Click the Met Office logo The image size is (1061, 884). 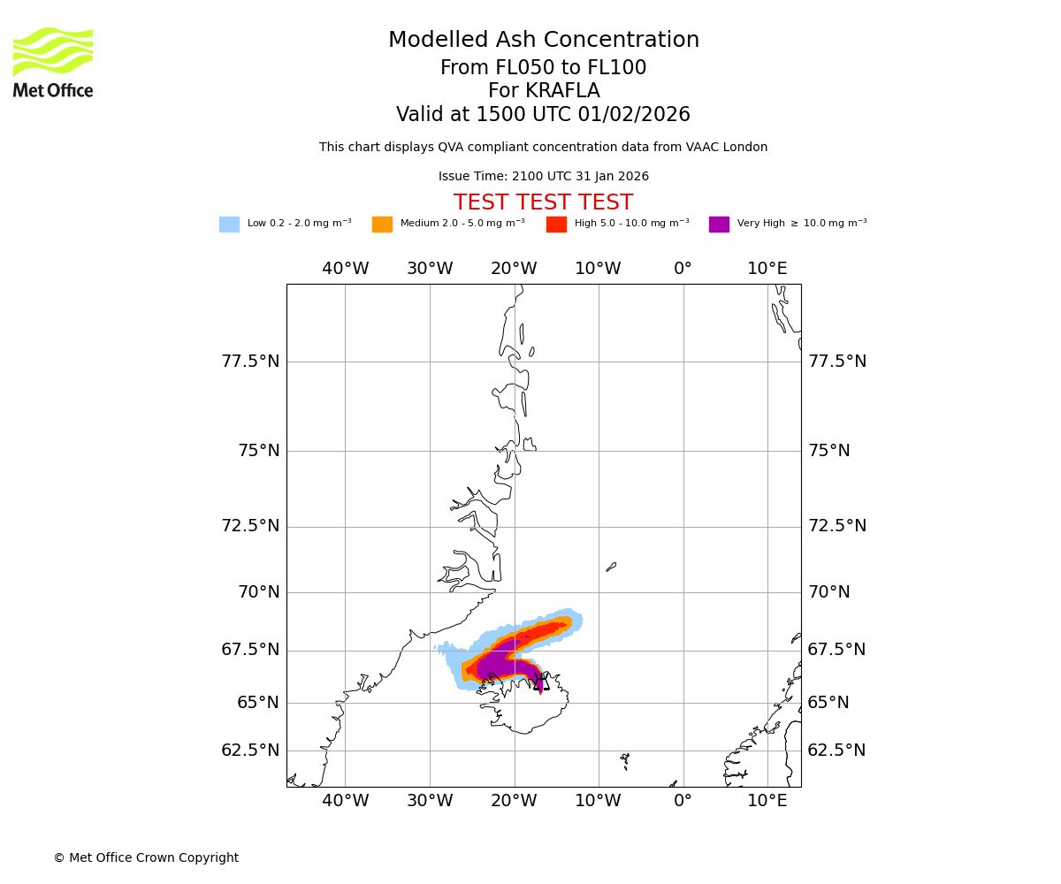click(x=53, y=62)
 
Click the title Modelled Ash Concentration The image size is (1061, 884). click(x=544, y=41)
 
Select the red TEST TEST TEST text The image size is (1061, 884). click(x=544, y=203)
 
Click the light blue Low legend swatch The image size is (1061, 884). click(x=229, y=225)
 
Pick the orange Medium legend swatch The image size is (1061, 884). click(x=382, y=225)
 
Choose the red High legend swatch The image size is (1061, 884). click(x=556, y=225)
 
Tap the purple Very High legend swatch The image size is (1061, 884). click(x=719, y=225)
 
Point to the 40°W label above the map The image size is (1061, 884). click(x=345, y=269)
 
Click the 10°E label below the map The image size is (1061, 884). click(x=767, y=801)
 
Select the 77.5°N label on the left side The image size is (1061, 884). click(x=250, y=362)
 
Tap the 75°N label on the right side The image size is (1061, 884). click(x=828, y=451)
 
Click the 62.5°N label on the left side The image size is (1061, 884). click(x=250, y=751)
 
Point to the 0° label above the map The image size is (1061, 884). click(x=683, y=269)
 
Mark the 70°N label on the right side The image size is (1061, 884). click(x=828, y=592)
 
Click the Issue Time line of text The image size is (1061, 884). click(x=544, y=177)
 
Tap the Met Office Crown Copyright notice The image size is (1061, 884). click(x=146, y=858)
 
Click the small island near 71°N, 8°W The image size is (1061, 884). click(x=611, y=567)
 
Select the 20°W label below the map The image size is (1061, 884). click(x=514, y=801)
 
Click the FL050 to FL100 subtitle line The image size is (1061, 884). click(x=544, y=68)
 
